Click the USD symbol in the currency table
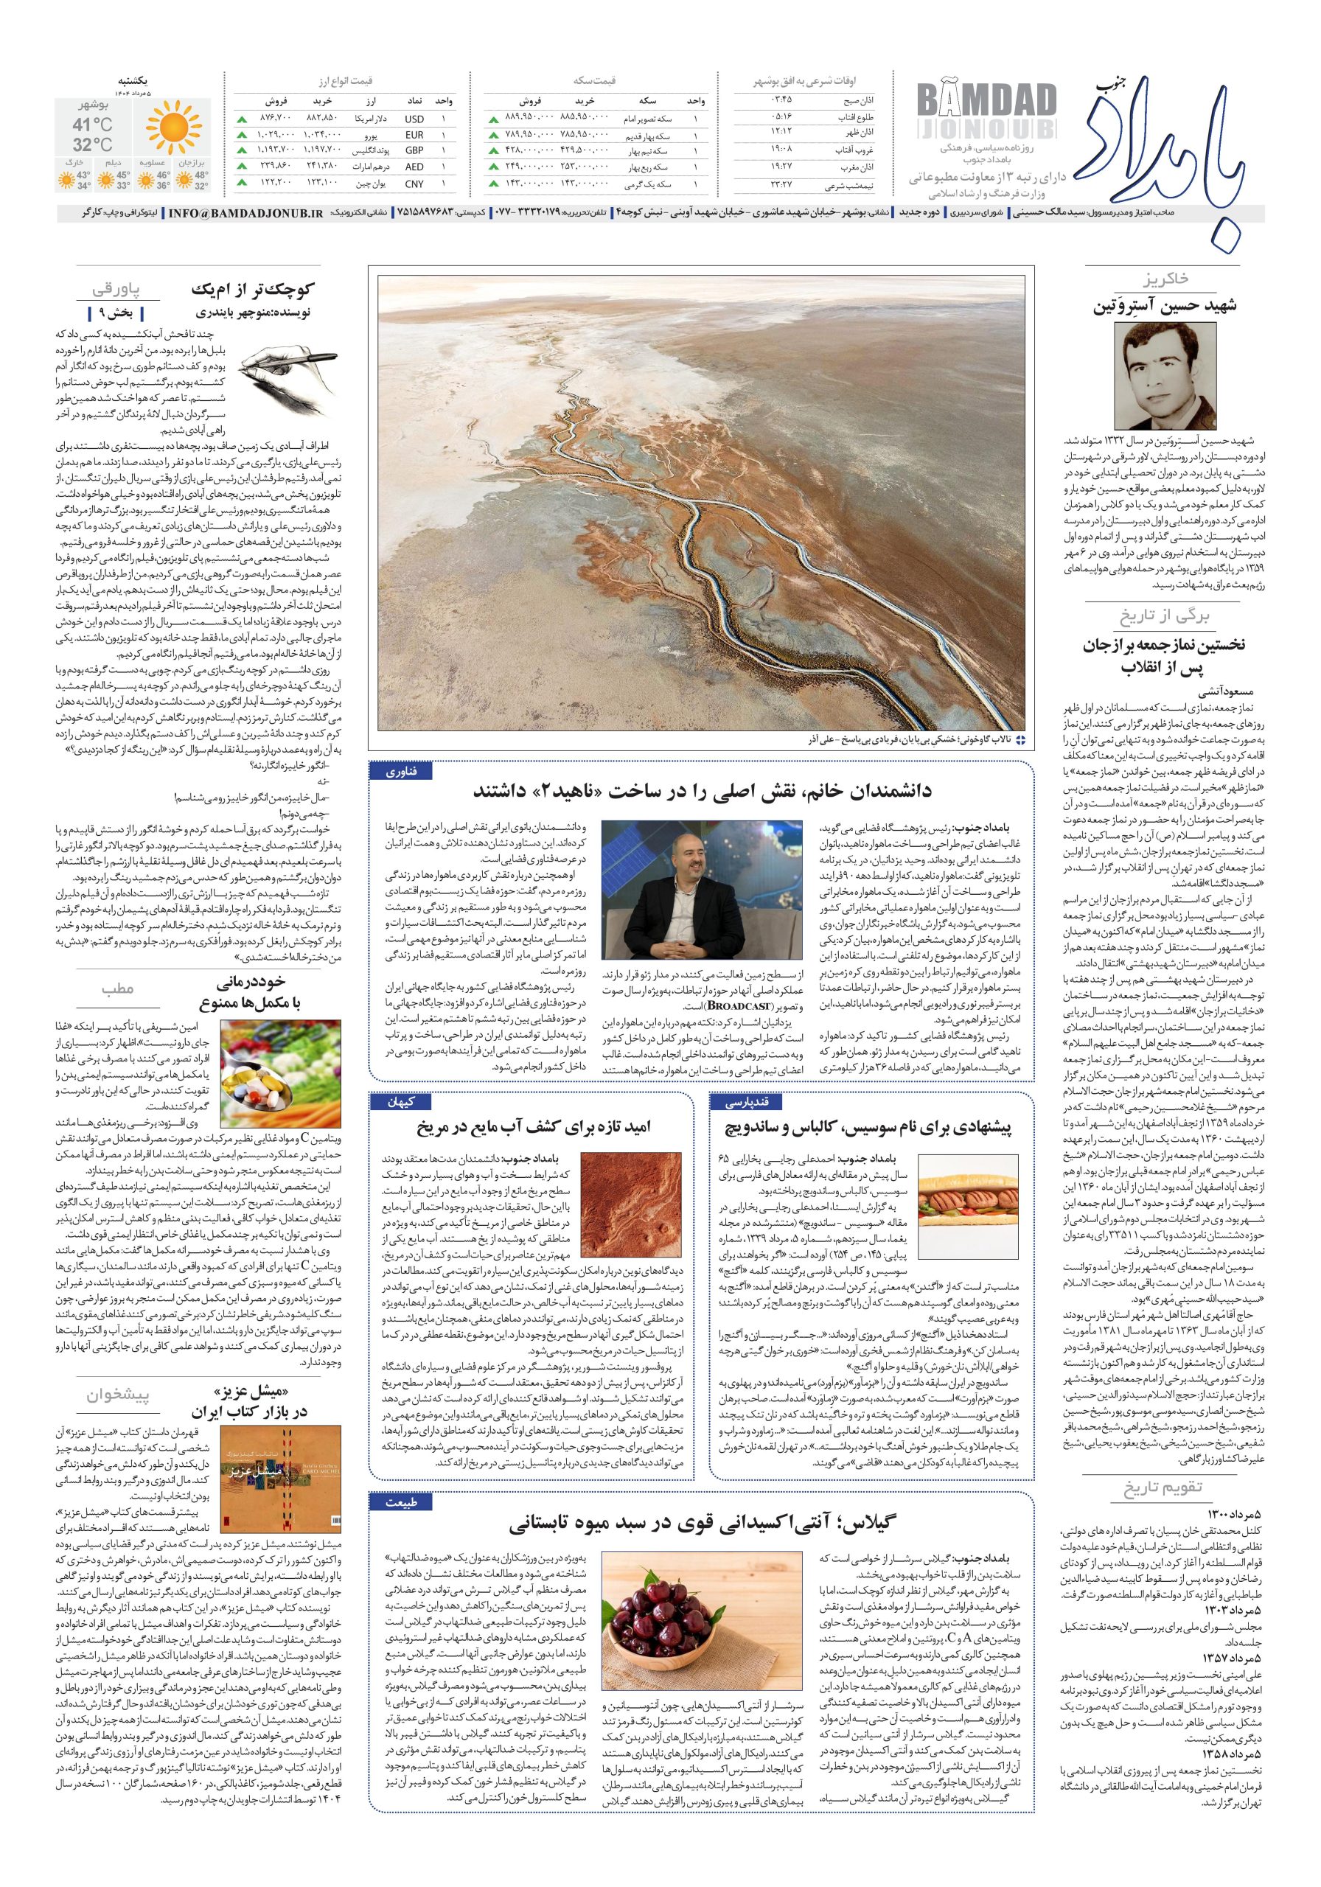click(x=414, y=119)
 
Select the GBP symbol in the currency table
click(x=414, y=151)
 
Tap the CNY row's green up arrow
click(x=242, y=184)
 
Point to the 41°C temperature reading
click(x=92, y=125)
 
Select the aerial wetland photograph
click(x=701, y=503)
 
